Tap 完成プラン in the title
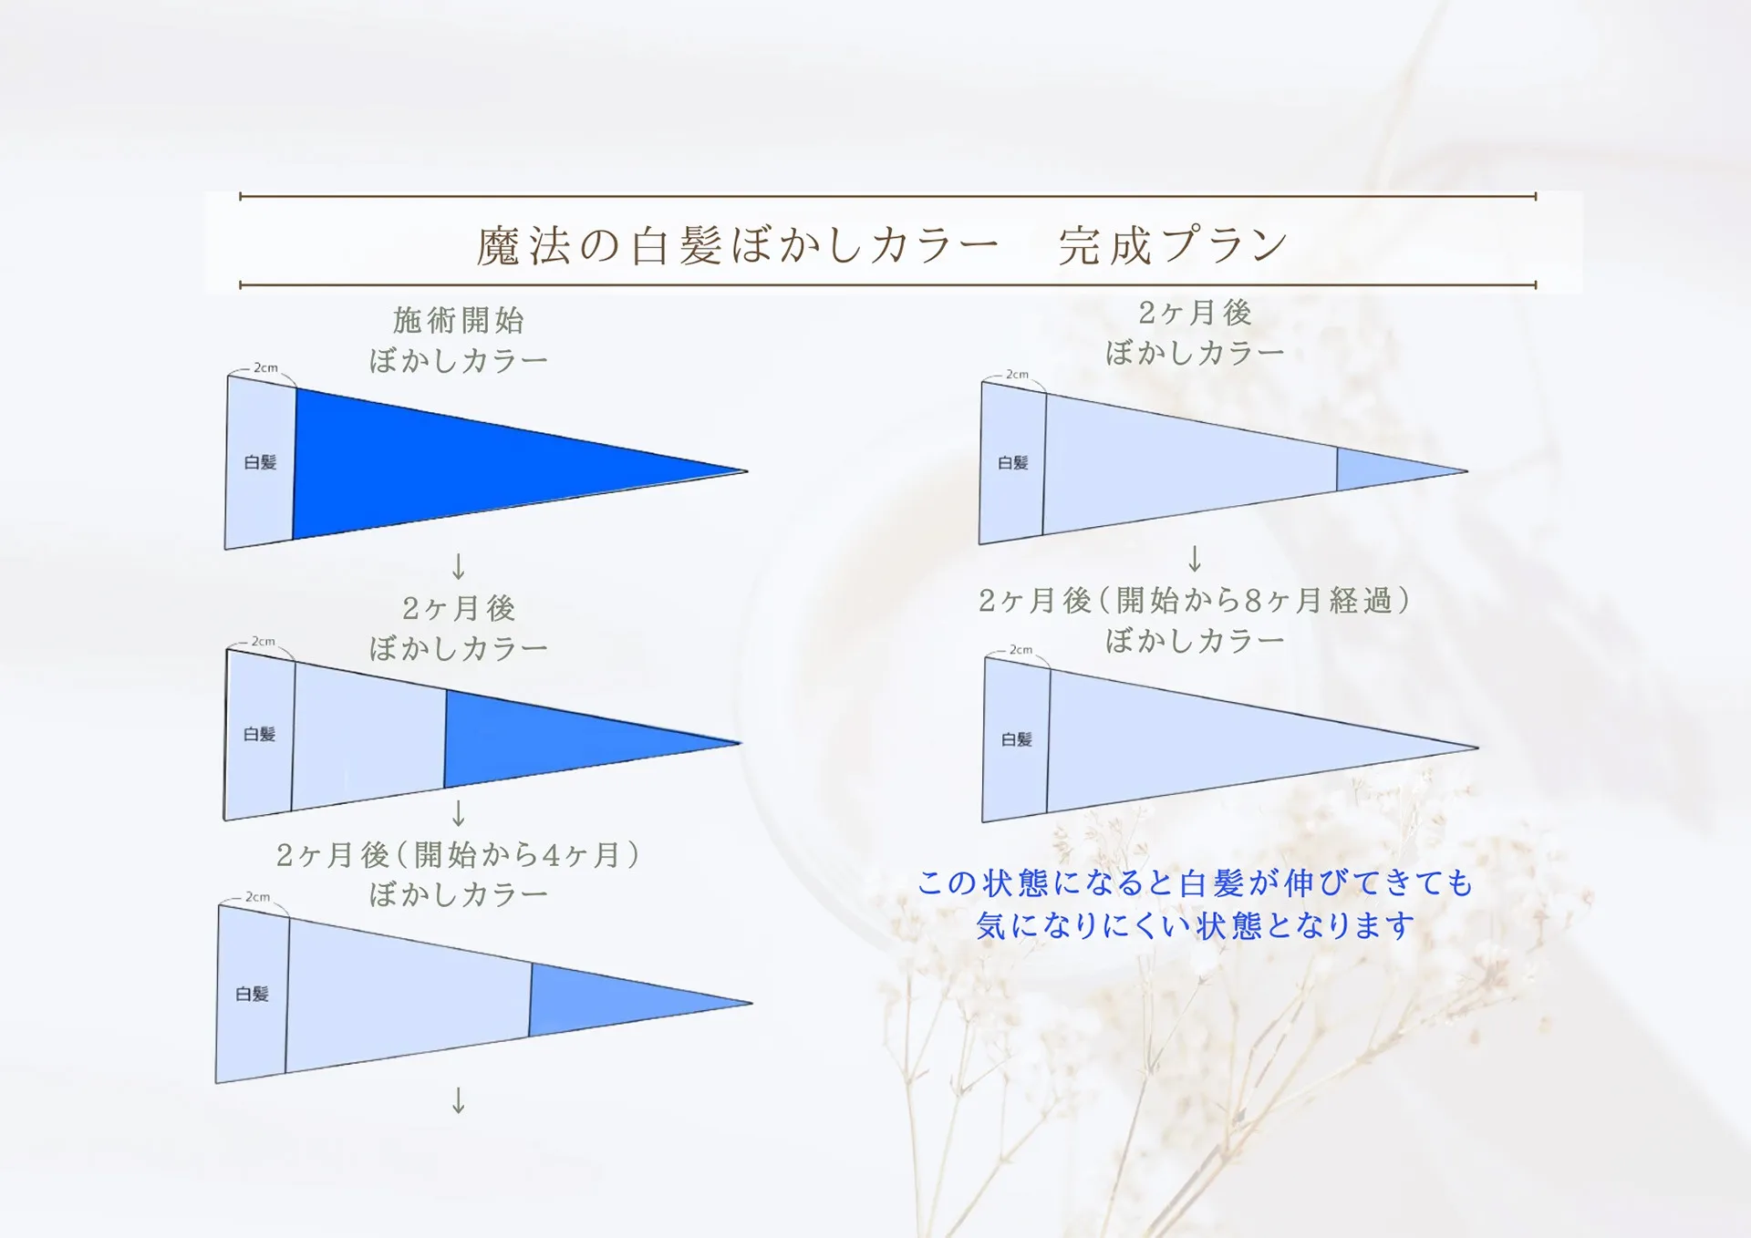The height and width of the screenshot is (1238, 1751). (x=1174, y=245)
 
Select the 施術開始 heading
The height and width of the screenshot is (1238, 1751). (x=459, y=320)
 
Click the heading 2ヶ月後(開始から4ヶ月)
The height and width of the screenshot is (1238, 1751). (x=458, y=855)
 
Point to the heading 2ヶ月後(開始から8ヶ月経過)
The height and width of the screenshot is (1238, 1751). (x=1194, y=601)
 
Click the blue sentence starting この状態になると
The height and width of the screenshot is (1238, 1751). (x=1195, y=882)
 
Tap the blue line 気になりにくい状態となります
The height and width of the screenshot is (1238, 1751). (x=1195, y=925)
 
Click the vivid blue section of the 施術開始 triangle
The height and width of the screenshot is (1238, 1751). (x=474, y=464)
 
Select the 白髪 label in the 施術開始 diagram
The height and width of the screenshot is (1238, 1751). (x=260, y=462)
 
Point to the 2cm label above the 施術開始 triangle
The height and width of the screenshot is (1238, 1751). (x=265, y=367)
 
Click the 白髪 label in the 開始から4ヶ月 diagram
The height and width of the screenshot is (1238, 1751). (x=252, y=994)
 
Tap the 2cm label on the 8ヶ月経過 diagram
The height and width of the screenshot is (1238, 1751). (x=1021, y=649)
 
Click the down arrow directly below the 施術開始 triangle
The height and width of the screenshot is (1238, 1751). (x=459, y=566)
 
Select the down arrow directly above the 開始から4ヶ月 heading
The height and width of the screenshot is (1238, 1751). (x=459, y=812)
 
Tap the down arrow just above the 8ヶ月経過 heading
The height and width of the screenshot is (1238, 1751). (x=1195, y=558)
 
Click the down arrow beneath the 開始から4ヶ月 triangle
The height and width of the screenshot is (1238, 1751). (x=459, y=1100)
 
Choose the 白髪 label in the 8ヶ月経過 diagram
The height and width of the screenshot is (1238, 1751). (x=1017, y=739)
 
